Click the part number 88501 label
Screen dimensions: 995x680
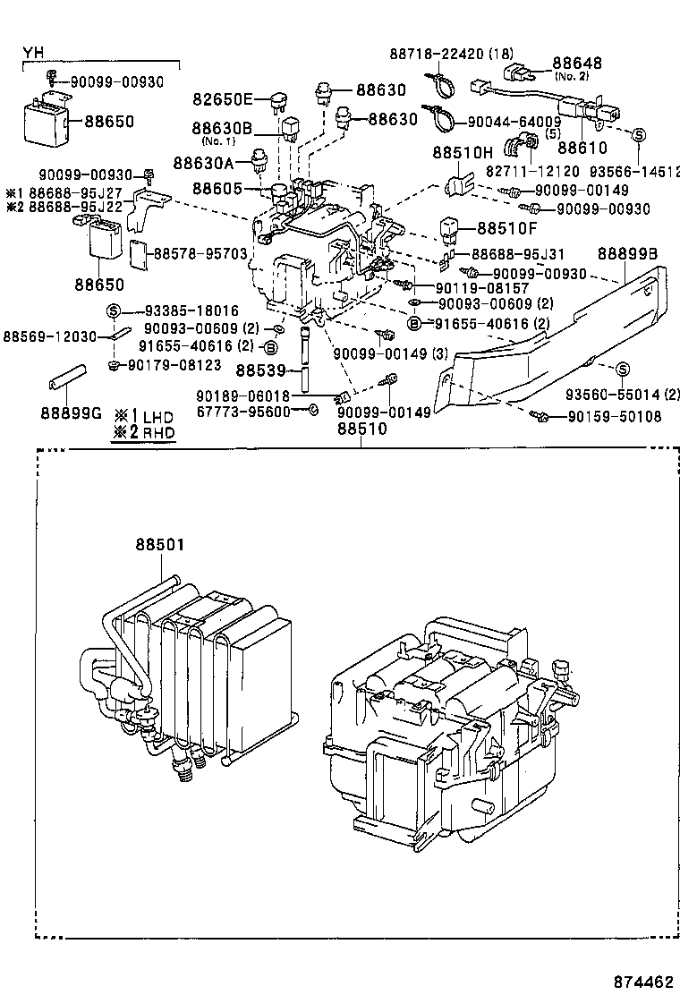click(160, 544)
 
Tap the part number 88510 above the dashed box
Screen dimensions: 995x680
click(361, 429)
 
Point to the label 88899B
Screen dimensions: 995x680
click(627, 253)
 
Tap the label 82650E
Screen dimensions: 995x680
click(224, 98)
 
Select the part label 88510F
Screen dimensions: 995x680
click(508, 228)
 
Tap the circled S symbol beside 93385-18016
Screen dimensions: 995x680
click(114, 310)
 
